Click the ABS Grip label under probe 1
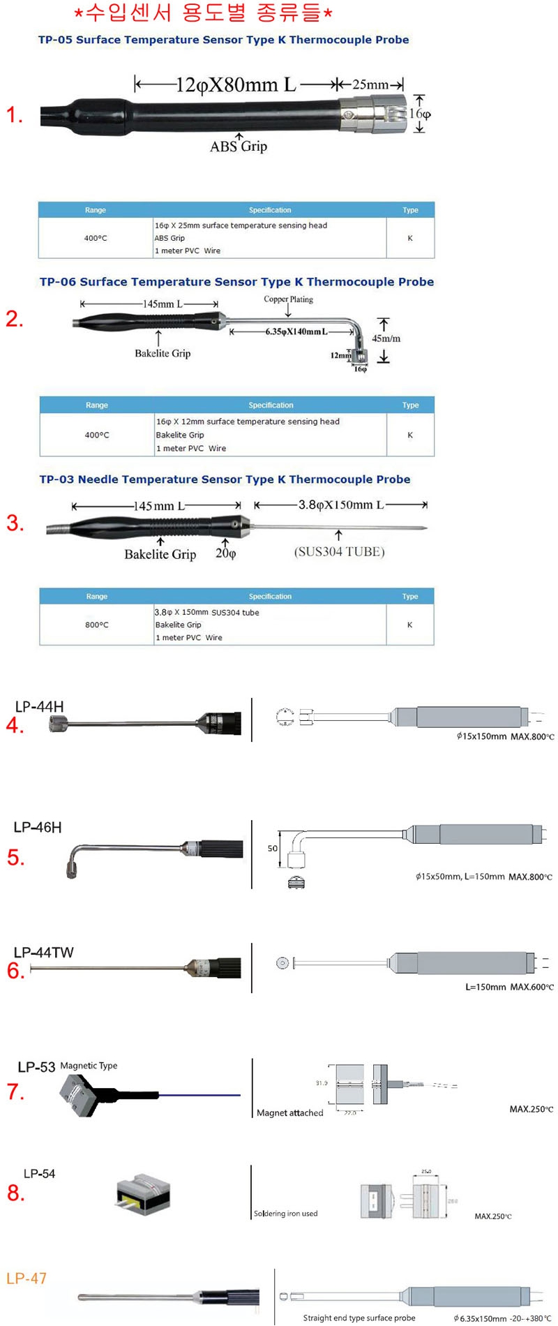pos(239,147)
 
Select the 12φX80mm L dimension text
pos(236,85)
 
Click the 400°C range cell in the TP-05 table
pos(96,238)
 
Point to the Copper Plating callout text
pos(288,299)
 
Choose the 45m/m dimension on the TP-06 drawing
pos(386,338)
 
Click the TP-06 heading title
pos(236,282)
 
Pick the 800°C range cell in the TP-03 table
pos(97,625)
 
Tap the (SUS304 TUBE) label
pos(339,552)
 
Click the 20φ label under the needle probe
pos(225,553)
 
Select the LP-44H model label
pos(39,706)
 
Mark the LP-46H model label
pos(38,827)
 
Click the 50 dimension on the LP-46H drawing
pos(273,849)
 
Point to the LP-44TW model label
pos(43,953)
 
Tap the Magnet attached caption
pos(289,1113)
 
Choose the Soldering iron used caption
pos(285,1214)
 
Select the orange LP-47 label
pos(27,1279)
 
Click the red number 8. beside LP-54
pos(15,1193)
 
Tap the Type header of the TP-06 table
pos(410,405)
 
